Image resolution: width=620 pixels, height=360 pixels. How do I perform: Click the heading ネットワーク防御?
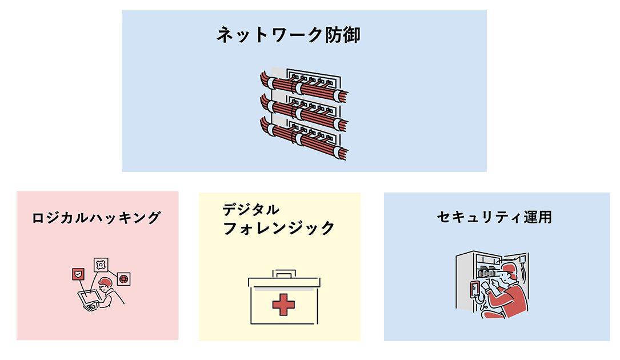pyautogui.click(x=288, y=35)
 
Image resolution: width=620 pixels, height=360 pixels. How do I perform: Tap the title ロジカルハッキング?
pyautogui.click(x=97, y=218)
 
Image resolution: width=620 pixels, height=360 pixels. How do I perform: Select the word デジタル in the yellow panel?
pyautogui.click(x=251, y=209)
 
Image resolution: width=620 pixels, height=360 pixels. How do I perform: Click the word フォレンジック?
pyautogui.click(x=279, y=228)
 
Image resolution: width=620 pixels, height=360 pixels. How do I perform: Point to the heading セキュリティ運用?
pyautogui.click(x=494, y=217)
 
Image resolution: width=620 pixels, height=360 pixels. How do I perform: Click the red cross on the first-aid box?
pyautogui.click(x=283, y=305)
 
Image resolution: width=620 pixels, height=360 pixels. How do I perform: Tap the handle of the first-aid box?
pyautogui.click(x=284, y=273)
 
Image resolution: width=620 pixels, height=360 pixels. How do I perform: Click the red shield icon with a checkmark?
pyautogui.click(x=78, y=274)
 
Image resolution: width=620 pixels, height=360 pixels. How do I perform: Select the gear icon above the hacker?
pyautogui.click(x=101, y=265)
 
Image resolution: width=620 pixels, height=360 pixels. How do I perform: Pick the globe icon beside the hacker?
pyautogui.click(x=124, y=279)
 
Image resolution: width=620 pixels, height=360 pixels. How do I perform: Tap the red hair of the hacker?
pyautogui.click(x=106, y=281)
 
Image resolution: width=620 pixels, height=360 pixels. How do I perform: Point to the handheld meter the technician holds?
pyautogui.click(x=474, y=289)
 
